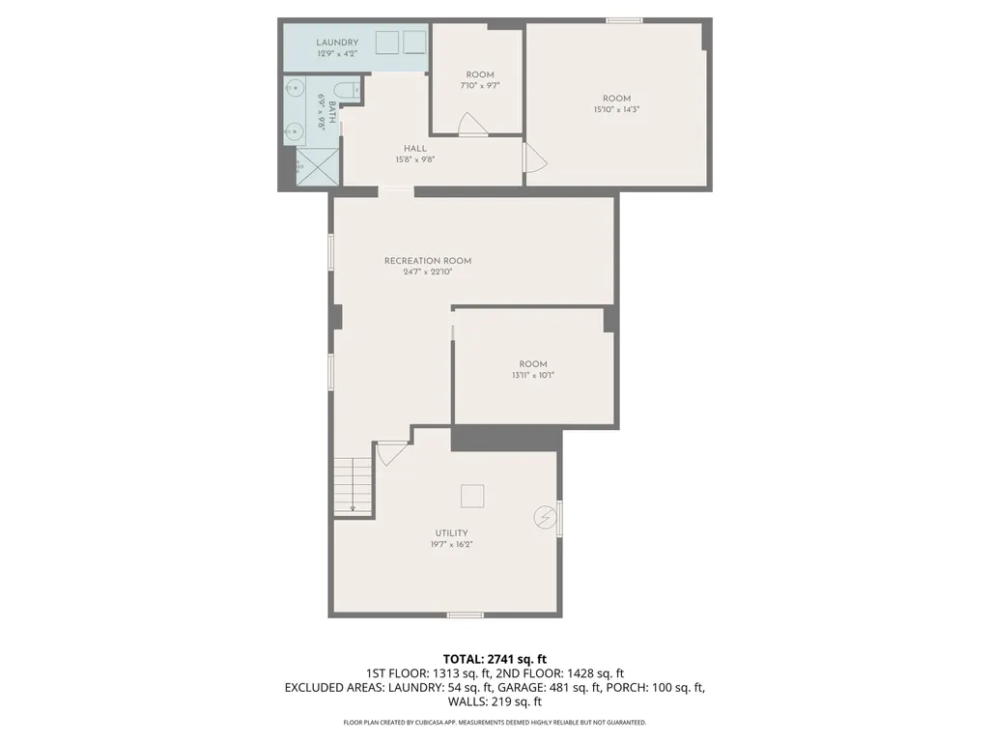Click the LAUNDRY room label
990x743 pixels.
click(x=337, y=43)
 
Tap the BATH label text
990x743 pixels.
click(x=332, y=112)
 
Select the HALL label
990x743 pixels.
click(x=414, y=149)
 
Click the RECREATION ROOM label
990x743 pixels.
click(x=428, y=261)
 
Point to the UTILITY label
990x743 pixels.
click(x=451, y=533)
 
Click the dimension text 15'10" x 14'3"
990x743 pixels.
click(x=616, y=109)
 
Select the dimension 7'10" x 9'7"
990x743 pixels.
click(x=480, y=85)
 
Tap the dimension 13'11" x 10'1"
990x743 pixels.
click(x=533, y=375)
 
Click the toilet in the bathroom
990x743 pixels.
click(x=345, y=90)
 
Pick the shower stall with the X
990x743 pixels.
click(x=318, y=166)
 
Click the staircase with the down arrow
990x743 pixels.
click(x=353, y=487)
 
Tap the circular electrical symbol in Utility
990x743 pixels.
click(x=545, y=518)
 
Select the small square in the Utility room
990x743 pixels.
click(x=472, y=496)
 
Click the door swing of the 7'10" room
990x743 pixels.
click(x=472, y=124)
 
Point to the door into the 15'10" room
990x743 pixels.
click(x=535, y=157)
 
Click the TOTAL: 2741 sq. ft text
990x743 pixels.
click(x=495, y=660)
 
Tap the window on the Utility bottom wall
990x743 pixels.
click(x=466, y=614)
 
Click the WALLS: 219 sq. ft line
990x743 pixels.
click(x=495, y=701)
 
